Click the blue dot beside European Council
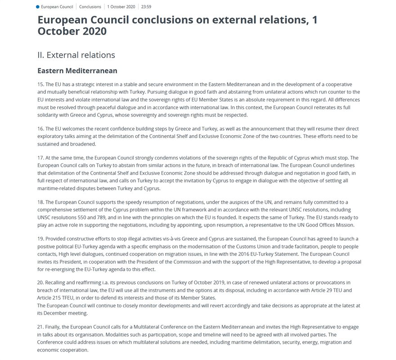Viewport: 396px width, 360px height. pos(38,7)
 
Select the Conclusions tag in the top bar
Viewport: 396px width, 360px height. pos(90,7)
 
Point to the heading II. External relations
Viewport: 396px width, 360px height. pos(76,55)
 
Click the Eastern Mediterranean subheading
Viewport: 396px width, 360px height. pos(77,71)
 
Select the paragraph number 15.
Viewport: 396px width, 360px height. pos(40,85)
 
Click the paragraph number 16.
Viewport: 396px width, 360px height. pos(40,129)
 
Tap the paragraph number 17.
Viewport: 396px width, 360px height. pos(40,158)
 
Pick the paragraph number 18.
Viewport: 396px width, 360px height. pos(40,203)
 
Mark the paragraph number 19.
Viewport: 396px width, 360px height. pos(40,239)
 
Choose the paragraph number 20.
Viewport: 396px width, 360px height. pos(41,282)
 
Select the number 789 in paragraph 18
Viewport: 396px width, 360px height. pos(119,217)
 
